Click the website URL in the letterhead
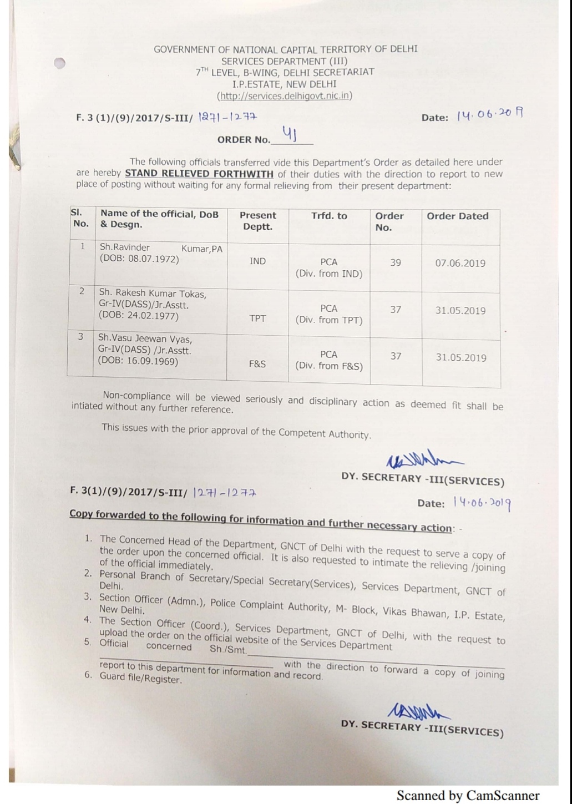[x=285, y=95]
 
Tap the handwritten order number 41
[x=290, y=133]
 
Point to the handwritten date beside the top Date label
[x=489, y=115]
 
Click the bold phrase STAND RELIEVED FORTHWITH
[x=199, y=174]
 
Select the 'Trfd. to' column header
[x=329, y=216]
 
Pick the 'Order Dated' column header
[x=457, y=216]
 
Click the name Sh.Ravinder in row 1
[x=124, y=247]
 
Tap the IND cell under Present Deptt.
[x=257, y=261]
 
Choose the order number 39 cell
[x=395, y=262]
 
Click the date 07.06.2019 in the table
[x=460, y=263]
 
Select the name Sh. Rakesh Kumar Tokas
[x=153, y=294]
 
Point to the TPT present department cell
[x=257, y=318]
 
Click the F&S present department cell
[x=257, y=364]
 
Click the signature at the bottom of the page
[x=419, y=710]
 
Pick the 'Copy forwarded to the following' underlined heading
[x=261, y=520]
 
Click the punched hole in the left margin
[x=60, y=63]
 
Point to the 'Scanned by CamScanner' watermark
[x=468, y=795]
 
